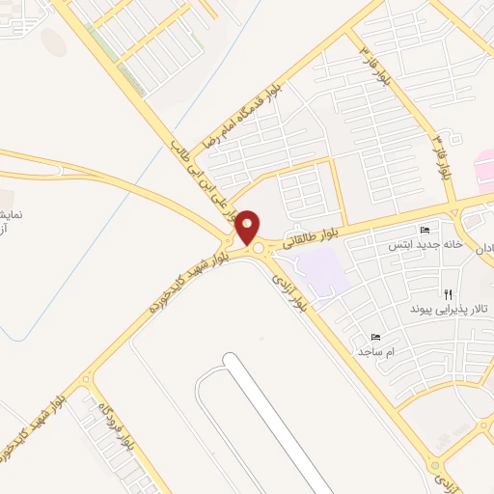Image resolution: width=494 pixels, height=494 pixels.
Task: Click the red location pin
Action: tap(248, 227)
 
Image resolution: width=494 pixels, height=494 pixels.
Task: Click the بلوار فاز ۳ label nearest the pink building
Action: tap(444, 157)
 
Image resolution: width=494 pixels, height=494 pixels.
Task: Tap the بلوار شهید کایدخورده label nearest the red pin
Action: tap(189, 282)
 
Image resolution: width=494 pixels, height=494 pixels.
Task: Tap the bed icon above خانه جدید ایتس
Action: tap(425, 232)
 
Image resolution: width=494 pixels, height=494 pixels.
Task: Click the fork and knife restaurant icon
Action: tap(447, 293)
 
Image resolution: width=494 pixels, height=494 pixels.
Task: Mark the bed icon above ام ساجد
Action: tap(375, 338)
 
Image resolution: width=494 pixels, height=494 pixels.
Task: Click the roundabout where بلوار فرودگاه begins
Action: tap(90, 376)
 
